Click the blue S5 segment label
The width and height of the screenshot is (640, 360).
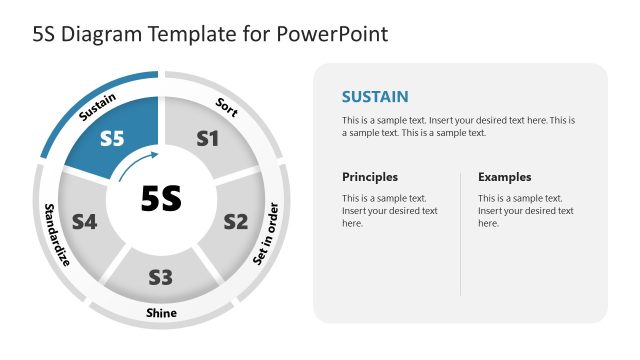(112, 140)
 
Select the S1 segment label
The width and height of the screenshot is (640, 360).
(206, 140)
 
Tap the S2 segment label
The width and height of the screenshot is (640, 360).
(235, 221)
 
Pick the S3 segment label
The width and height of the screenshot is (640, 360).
(160, 276)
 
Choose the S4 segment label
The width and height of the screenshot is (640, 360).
(83, 221)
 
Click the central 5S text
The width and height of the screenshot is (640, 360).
(160, 199)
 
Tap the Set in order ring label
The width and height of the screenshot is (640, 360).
(266, 234)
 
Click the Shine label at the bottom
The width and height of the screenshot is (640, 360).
(161, 313)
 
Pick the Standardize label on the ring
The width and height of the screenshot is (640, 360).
(56, 235)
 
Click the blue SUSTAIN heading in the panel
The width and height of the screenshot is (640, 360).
(375, 97)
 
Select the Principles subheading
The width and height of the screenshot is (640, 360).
(370, 177)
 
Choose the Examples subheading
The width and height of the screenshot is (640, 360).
(504, 177)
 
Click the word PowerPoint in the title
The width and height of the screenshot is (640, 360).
(333, 34)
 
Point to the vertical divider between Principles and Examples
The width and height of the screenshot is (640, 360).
(460, 233)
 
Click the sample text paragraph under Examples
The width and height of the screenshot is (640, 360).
(525, 211)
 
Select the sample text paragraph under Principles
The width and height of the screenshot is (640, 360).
(390, 211)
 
